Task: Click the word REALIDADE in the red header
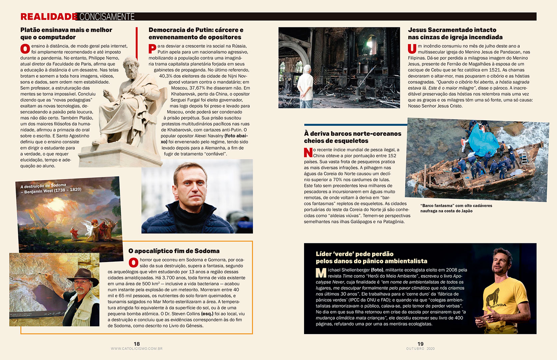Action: (49, 17)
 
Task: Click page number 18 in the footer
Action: (137, 344)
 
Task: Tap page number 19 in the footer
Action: (420, 344)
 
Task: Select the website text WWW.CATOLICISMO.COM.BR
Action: (137, 349)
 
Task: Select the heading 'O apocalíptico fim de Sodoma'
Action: (174, 251)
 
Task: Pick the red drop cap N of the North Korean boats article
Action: (308, 152)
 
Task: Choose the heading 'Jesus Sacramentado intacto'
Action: (452, 30)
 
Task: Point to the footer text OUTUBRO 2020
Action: (420, 349)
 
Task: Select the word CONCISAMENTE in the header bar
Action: (107, 17)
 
